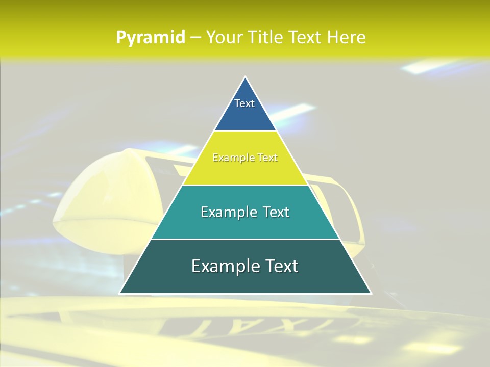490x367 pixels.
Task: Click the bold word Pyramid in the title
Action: click(x=150, y=38)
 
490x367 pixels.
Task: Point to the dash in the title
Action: click(x=195, y=38)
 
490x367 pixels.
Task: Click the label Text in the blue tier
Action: click(x=244, y=103)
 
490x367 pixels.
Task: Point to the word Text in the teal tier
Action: click(x=276, y=212)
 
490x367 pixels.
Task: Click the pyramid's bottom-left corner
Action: click(x=120, y=293)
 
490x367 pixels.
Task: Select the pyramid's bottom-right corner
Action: click(x=371, y=293)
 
